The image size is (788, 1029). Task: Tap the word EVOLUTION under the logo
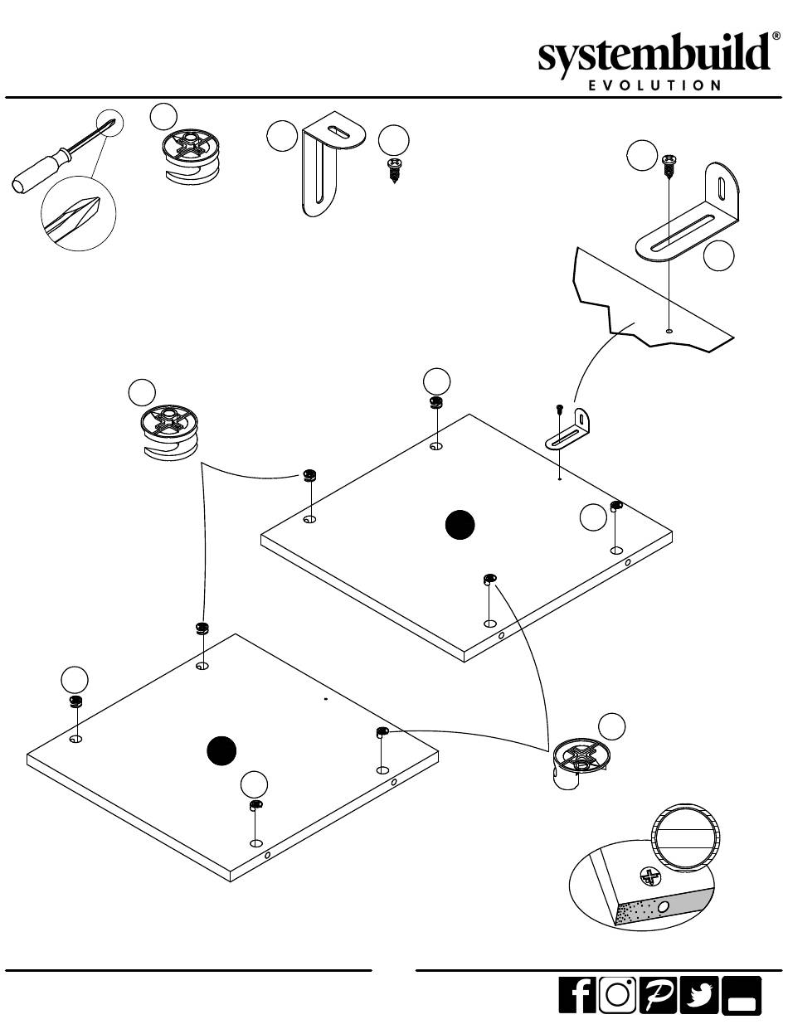point(655,85)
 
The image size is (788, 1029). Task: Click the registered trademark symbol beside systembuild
point(776,36)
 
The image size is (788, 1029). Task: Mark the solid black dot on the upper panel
point(460,525)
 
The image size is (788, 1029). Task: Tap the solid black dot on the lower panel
point(221,750)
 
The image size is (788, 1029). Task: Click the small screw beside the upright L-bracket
point(394,171)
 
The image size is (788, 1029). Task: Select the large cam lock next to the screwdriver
point(192,156)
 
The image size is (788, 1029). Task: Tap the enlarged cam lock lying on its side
point(581,764)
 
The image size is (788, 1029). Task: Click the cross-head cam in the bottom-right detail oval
point(649,877)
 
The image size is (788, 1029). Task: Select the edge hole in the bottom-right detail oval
point(664,907)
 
